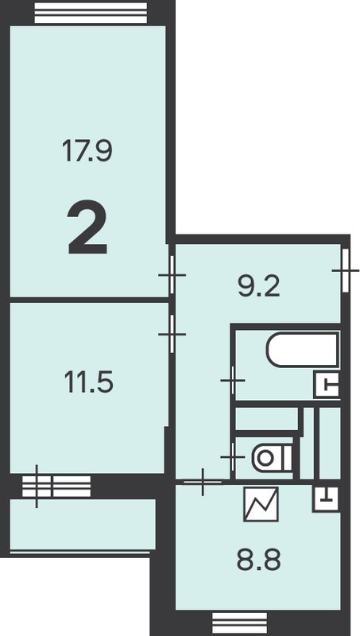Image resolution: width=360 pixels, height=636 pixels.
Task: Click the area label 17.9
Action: click(87, 150)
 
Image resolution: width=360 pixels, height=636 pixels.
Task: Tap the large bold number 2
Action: click(87, 227)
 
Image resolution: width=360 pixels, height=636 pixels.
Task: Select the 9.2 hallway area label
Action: click(259, 286)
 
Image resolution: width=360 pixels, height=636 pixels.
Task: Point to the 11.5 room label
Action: click(89, 382)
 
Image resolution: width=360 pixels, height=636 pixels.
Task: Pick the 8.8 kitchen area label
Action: click(258, 560)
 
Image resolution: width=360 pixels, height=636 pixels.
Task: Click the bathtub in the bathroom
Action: click(303, 349)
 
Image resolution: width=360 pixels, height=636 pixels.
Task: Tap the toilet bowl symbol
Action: click(272, 458)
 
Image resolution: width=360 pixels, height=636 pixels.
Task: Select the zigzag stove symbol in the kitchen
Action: click(261, 504)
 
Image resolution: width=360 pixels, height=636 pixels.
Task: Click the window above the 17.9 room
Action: click(91, 13)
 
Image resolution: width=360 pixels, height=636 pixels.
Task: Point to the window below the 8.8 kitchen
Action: click(239, 623)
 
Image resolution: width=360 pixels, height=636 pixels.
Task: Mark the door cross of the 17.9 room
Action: click(172, 275)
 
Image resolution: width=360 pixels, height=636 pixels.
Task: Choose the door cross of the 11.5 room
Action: click(172, 334)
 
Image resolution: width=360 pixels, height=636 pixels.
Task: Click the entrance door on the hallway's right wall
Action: click(346, 270)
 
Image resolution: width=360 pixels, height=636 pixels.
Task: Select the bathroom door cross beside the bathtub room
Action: click(233, 381)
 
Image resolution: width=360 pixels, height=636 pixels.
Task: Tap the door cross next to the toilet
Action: click(233, 457)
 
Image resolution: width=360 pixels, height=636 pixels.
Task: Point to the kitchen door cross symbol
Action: click(203, 482)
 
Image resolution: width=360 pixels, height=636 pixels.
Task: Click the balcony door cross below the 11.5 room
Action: click(37, 487)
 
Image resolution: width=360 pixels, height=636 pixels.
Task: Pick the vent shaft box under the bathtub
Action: click(327, 386)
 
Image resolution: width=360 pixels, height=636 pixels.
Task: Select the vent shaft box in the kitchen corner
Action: click(326, 498)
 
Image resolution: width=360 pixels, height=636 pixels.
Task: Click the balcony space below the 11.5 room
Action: click(83, 524)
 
